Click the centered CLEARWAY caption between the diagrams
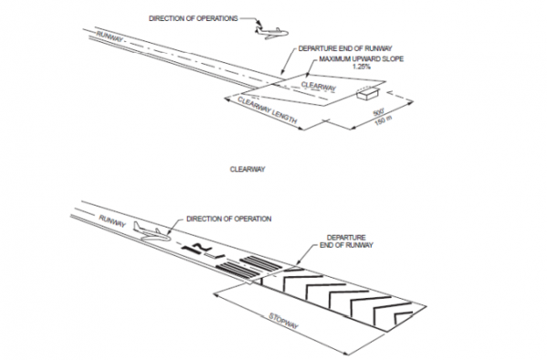[247, 169]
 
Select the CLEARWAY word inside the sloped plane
[319, 87]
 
